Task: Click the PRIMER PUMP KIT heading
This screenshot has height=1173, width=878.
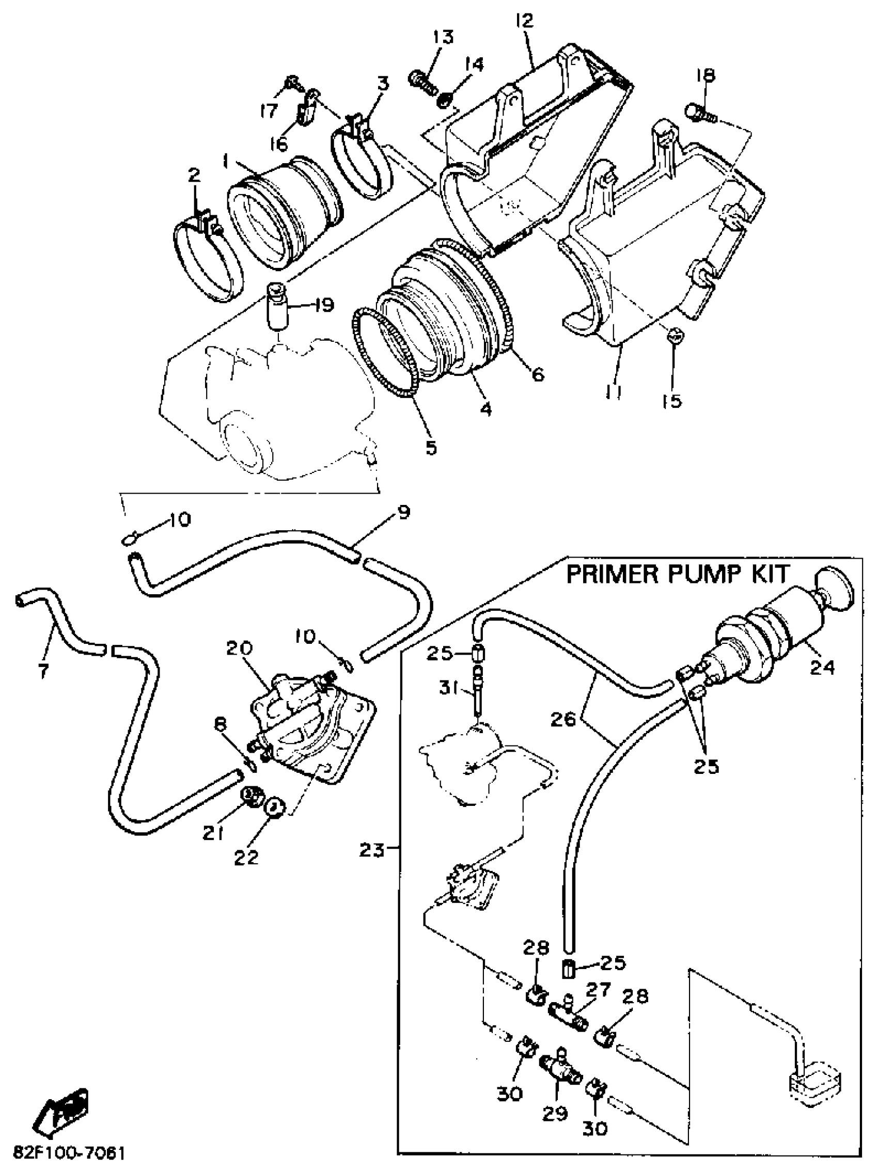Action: (x=678, y=574)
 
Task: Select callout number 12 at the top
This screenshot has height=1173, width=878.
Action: (x=524, y=22)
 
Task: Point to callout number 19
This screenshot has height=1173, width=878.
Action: (x=323, y=305)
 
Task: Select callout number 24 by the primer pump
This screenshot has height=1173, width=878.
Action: (x=821, y=667)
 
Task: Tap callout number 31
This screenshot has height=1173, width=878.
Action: (x=449, y=690)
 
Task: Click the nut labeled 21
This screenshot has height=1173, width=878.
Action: (x=252, y=796)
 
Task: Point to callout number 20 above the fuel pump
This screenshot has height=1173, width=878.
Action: (x=240, y=648)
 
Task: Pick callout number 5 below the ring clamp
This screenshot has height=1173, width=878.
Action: (x=431, y=448)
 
